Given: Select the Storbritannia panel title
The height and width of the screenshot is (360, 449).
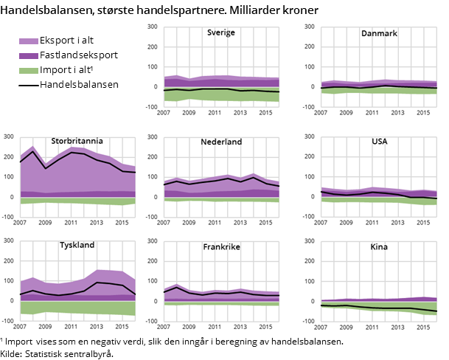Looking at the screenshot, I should pos(77,141).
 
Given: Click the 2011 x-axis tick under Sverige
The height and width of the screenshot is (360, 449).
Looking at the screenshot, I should pos(215,112).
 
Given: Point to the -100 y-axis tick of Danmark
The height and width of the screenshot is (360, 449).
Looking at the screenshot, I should pos(308,108).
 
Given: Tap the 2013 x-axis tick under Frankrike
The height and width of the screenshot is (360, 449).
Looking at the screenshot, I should pos(240,327).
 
